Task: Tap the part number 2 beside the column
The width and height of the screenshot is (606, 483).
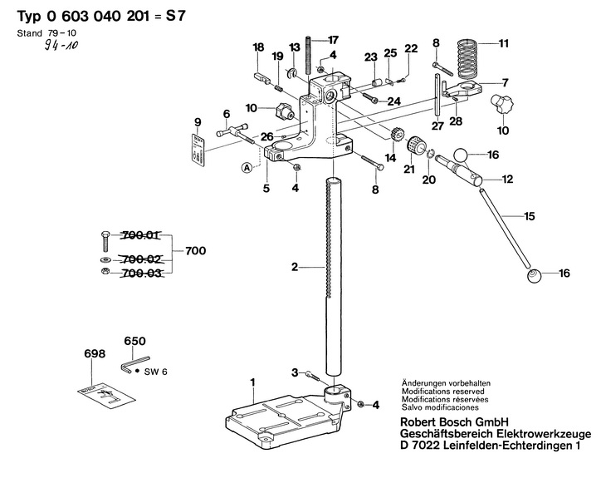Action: tap(294, 267)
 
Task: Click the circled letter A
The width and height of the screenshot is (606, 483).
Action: tap(247, 167)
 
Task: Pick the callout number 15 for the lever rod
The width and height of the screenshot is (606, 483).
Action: tap(530, 216)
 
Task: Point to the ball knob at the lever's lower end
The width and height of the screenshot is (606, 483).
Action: tap(532, 275)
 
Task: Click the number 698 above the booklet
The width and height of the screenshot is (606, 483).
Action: tap(95, 353)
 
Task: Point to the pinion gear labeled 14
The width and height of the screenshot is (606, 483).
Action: tap(396, 137)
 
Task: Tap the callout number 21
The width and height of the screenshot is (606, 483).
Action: tap(408, 169)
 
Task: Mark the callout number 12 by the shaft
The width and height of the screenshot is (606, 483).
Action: tap(507, 178)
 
